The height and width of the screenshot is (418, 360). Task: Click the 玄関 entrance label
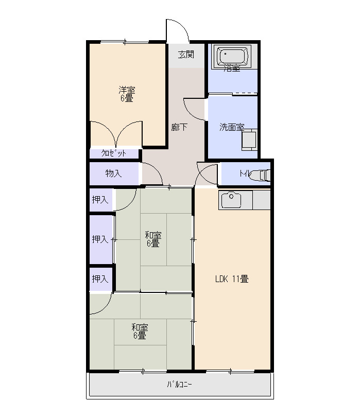(186, 55)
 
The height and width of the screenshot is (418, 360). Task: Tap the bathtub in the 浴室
(233, 56)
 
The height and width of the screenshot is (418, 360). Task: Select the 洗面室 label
(231, 127)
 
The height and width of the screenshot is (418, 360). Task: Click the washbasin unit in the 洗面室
(249, 140)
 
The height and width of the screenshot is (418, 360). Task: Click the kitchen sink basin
(231, 200)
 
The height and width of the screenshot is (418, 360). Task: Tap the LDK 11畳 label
(232, 279)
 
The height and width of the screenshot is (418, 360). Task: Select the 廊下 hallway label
(179, 127)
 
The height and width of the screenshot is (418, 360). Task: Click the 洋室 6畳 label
(127, 94)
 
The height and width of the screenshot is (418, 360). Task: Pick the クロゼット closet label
(114, 153)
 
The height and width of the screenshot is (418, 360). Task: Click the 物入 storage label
(114, 173)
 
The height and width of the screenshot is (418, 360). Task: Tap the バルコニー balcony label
(179, 385)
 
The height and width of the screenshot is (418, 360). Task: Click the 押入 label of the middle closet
(100, 239)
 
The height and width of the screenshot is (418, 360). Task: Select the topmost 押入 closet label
(100, 199)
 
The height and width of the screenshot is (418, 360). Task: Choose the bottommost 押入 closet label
(100, 279)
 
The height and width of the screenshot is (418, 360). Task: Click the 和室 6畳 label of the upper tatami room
(153, 239)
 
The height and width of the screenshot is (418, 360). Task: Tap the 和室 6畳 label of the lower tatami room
(140, 332)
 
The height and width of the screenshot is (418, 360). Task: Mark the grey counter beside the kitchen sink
(262, 200)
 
